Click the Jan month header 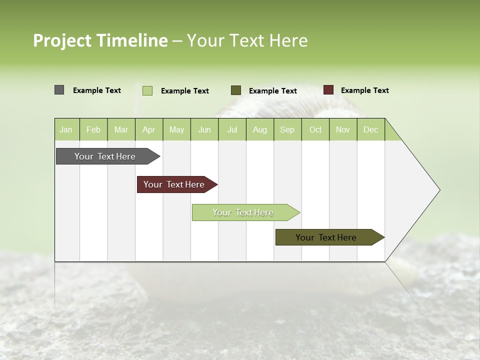pos(66,130)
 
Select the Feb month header pos(93,130)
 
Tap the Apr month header pos(149,130)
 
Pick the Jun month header pos(204,130)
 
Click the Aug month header pos(260,130)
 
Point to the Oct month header pos(315,130)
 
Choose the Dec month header pos(371,130)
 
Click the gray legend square pos(59,90)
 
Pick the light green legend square pos(147,90)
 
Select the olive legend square pos(236,90)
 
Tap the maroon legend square pos(328,90)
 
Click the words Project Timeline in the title pos(100,40)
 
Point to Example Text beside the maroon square pos(365,90)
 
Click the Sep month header pos(287,130)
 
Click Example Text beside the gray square pos(97,90)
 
